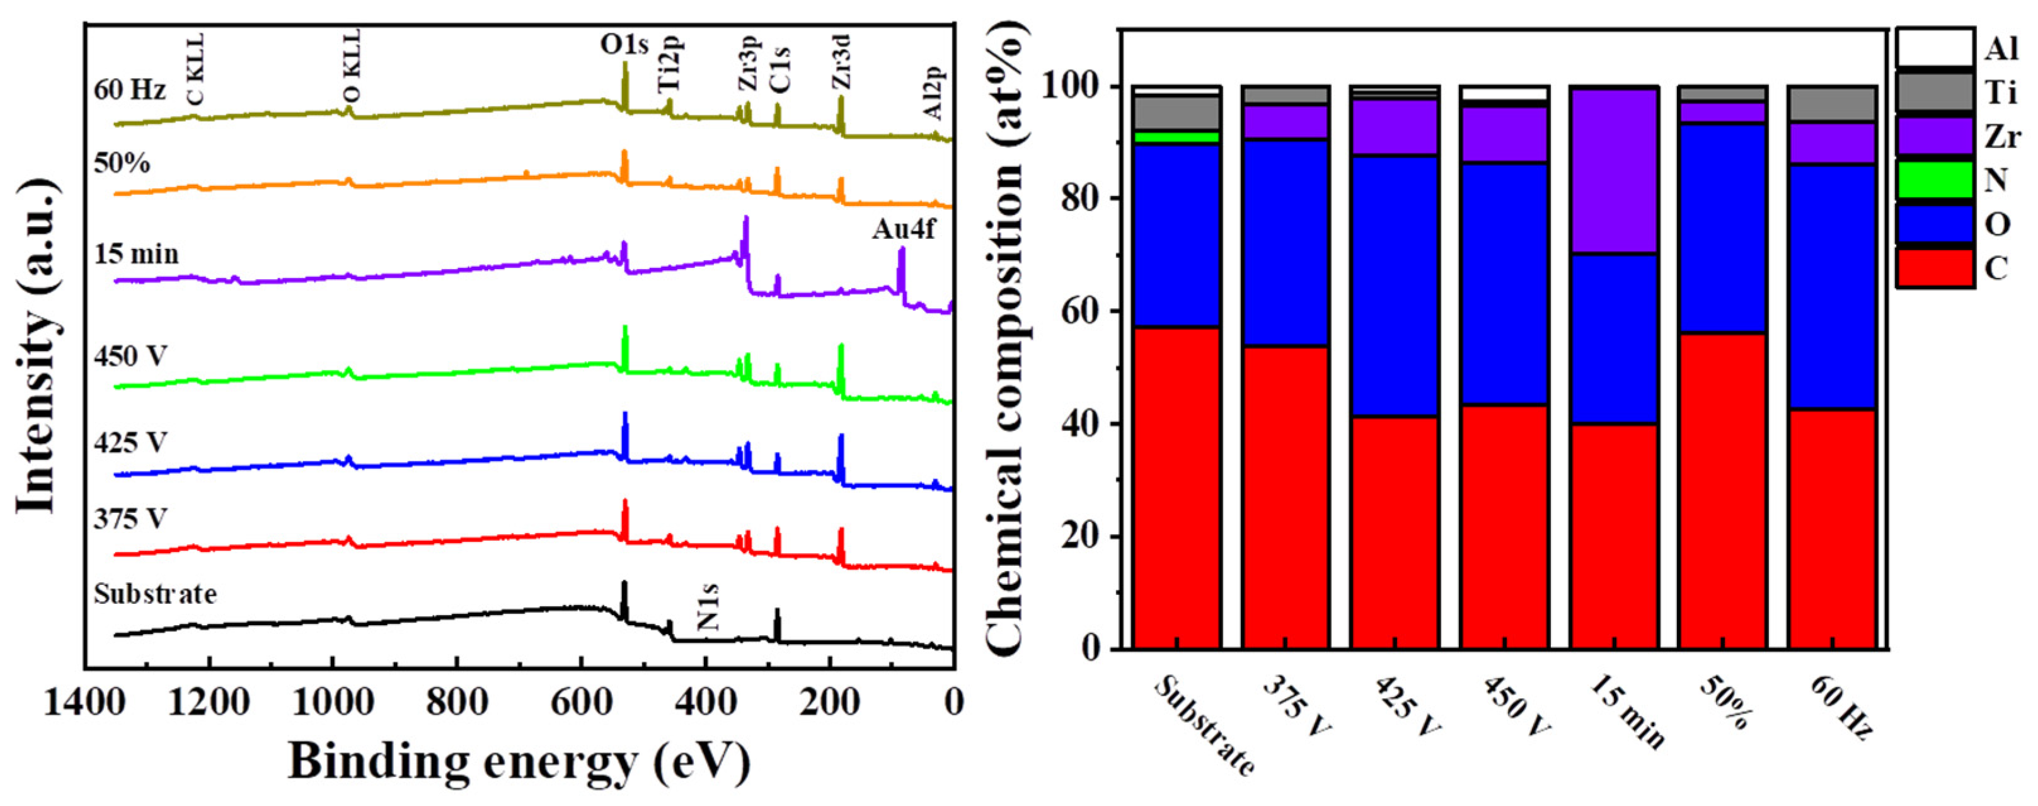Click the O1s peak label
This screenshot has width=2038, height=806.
[x=623, y=44]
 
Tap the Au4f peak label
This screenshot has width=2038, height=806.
[x=904, y=229]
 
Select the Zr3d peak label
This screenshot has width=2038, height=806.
[x=843, y=63]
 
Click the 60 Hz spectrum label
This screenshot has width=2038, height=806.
[x=130, y=90]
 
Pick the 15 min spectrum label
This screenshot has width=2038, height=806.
[x=136, y=254]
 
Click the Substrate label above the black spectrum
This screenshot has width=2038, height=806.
[x=155, y=593]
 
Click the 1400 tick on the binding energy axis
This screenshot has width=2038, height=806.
[x=84, y=701]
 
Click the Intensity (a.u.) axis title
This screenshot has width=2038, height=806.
[x=38, y=344]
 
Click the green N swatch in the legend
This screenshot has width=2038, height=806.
[x=1933, y=180]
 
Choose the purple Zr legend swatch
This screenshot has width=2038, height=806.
[x=1933, y=136]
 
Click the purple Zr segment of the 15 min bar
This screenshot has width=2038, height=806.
[x=1613, y=170]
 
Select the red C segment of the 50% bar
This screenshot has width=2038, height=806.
[x=1722, y=490]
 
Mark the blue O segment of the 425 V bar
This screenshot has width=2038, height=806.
[x=1395, y=285]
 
